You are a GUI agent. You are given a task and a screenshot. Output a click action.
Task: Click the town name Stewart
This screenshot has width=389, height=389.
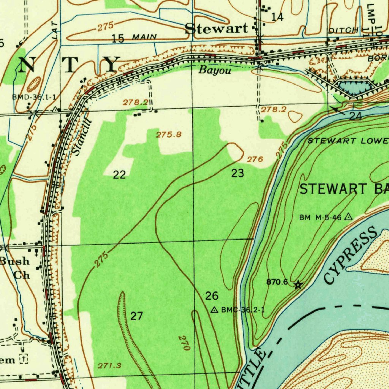click(216, 28)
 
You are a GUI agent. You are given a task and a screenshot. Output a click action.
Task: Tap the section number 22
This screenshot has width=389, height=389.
click(119, 175)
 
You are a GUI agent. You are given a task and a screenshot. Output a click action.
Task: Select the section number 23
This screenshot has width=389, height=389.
click(237, 174)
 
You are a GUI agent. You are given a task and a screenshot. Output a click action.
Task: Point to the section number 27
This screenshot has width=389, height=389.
click(137, 316)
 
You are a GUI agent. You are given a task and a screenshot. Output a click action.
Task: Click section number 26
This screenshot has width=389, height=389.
click(212, 296)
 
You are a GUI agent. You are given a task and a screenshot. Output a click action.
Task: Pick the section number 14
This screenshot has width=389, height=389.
click(277, 17)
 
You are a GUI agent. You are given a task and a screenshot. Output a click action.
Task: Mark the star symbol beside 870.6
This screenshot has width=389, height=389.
click(298, 285)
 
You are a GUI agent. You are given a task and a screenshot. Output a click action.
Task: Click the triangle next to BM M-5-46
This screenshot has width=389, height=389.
click(348, 217)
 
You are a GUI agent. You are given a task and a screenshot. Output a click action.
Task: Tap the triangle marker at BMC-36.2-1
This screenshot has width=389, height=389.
click(215, 310)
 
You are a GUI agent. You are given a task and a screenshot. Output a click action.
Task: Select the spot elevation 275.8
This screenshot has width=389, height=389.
click(169, 134)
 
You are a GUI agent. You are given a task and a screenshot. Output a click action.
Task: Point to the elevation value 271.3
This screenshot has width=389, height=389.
click(109, 366)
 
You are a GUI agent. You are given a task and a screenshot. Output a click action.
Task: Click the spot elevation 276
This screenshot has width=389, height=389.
click(255, 160)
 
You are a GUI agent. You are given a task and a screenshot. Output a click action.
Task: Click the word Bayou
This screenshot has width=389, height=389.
click(215, 70)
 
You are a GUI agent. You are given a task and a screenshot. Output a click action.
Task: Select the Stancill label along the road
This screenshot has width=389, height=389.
click(82, 137)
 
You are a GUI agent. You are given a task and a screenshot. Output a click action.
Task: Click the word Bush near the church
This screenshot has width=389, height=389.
click(15, 261)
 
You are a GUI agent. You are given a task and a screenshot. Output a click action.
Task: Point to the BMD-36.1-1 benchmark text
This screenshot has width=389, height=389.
click(34, 97)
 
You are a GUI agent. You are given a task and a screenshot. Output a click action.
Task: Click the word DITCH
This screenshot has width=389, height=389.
click(343, 30)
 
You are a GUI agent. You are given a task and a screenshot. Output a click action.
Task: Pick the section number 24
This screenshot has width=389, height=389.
click(355, 116)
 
